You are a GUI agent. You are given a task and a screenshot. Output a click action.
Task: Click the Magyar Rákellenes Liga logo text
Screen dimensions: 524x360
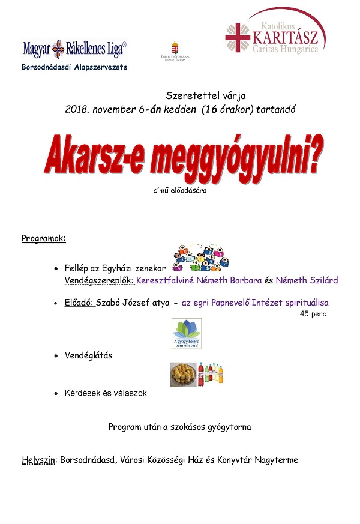point(74,48)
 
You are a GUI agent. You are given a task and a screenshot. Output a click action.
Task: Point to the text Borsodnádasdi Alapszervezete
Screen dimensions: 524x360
point(75,67)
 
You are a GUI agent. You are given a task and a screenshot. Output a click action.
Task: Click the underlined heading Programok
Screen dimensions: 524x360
point(44,238)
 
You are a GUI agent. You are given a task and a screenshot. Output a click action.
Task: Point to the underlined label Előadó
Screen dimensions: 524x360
point(79,303)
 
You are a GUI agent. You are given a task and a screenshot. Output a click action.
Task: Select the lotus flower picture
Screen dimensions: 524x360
point(186,333)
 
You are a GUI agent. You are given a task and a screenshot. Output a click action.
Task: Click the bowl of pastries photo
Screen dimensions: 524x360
point(184,375)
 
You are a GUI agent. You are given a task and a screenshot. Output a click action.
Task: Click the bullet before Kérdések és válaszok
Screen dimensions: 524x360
point(56,393)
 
